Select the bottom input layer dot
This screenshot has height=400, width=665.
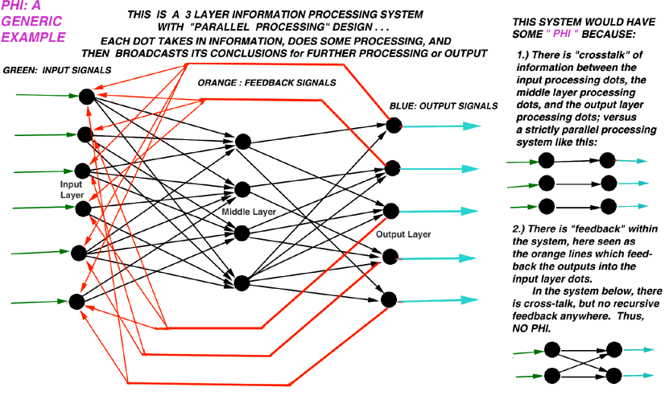pyautogui.click(x=77, y=302)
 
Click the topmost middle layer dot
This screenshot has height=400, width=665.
pyautogui.click(x=244, y=142)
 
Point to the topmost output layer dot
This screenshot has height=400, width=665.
pyautogui.click(x=394, y=126)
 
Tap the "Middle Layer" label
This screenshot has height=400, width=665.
pyautogui.click(x=250, y=210)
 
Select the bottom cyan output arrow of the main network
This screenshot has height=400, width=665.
pyautogui.click(x=440, y=300)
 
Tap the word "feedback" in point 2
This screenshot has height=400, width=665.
pyautogui.click(x=568, y=230)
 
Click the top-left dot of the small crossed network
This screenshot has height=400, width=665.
pyautogui.click(x=551, y=349)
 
